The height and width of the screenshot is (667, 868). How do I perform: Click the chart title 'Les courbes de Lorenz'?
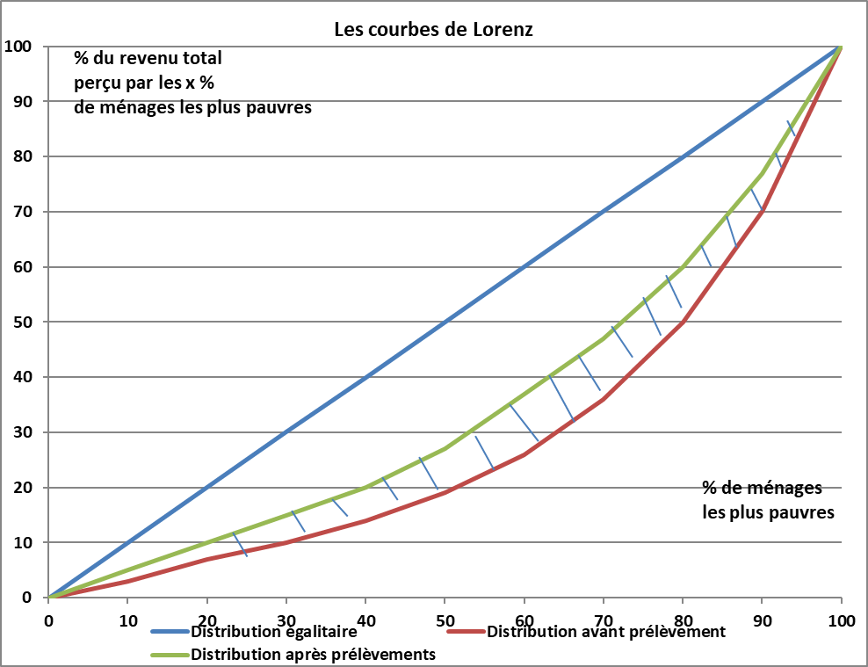[433, 29]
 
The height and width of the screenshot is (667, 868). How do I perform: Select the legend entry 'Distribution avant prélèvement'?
[606, 632]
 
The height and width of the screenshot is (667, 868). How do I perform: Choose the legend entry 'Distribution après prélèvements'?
[314, 655]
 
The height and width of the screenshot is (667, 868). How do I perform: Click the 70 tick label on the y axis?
[22, 212]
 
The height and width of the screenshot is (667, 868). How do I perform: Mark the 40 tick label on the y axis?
[22, 377]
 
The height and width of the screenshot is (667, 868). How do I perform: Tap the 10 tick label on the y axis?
[22, 542]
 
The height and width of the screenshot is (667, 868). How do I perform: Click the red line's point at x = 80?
[683, 323]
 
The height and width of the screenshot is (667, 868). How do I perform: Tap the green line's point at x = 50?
[445, 449]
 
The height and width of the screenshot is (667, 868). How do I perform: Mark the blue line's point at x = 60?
[524, 267]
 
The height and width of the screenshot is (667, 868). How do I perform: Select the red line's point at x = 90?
[762, 212]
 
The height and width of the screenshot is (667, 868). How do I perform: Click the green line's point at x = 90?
[762, 173]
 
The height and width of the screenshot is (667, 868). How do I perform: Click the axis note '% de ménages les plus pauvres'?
[768, 499]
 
